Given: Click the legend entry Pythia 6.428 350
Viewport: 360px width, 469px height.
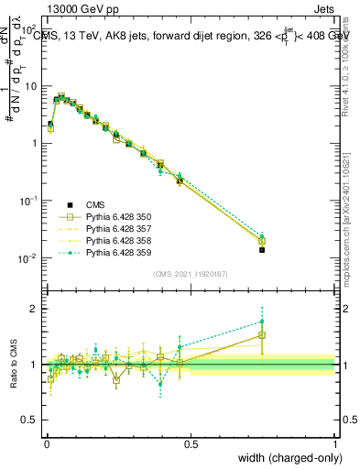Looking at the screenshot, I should click(x=119, y=216).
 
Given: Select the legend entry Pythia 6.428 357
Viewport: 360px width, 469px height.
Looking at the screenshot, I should click(x=119, y=228).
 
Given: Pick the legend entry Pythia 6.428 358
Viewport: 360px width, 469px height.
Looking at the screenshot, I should click(x=119, y=240).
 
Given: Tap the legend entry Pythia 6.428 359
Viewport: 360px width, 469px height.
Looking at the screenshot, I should click(x=119, y=252).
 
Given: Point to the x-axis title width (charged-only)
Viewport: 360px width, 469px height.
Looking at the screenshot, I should click(x=287, y=458).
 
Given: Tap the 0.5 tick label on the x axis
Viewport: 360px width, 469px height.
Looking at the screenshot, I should click(x=190, y=443).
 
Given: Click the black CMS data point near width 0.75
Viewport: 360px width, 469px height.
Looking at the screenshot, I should click(x=262, y=249).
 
